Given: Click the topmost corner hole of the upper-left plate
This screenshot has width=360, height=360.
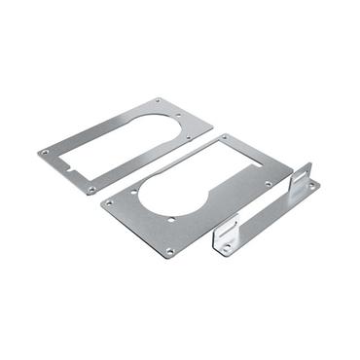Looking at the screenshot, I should point(160,100).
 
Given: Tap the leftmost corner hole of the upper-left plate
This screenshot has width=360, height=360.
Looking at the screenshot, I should point(45,152).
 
